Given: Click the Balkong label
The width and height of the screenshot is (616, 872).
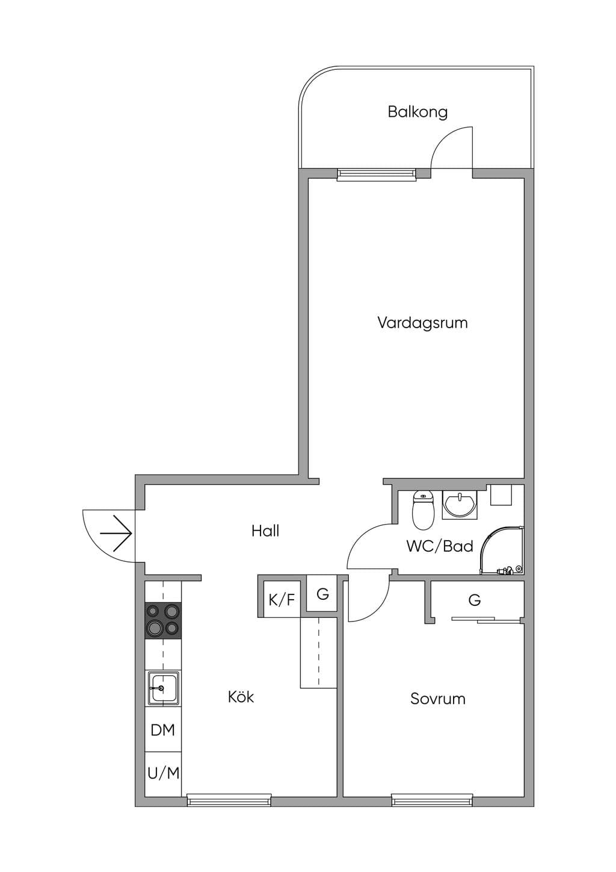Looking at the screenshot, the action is [x=417, y=112].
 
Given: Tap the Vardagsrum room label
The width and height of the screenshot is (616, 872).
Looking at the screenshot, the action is [x=422, y=323].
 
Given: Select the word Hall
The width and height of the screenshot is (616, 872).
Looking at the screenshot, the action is [x=265, y=531].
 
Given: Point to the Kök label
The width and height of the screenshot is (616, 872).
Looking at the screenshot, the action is [x=241, y=696].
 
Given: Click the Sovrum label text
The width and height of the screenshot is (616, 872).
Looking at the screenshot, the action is [x=438, y=699].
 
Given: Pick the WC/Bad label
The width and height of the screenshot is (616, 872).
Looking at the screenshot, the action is [x=440, y=546].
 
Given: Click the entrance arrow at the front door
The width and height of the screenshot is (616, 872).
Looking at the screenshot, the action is [x=115, y=533].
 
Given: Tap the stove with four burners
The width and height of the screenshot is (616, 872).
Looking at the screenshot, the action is [x=163, y=620].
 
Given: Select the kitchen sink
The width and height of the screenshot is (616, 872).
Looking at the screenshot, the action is [x=163, y=688].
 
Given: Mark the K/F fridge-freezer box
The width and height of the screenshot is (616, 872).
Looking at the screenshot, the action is [x=282, y=600].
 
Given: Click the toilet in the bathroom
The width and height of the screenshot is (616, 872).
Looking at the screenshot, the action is [x=423, y=510].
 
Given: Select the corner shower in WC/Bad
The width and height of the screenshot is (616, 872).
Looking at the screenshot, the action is [x=502, y=550].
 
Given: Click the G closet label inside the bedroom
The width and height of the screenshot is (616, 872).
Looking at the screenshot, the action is [x=475, y=600].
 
